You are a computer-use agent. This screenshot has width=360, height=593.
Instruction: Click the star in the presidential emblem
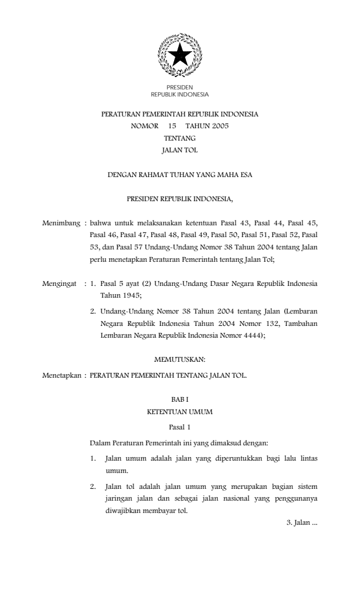(179, 56)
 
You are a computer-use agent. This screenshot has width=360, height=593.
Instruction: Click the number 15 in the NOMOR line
(172, 126)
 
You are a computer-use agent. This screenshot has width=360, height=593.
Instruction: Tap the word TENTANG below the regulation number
(179, 138)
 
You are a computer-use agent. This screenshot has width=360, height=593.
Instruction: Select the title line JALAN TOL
(179, 150)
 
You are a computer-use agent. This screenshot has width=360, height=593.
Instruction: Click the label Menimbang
(61, 224)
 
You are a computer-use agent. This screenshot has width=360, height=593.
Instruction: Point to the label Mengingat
(60, 284)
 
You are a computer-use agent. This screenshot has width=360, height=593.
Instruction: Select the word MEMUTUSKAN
(179, 357)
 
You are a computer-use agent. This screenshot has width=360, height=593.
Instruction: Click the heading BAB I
(179, 399)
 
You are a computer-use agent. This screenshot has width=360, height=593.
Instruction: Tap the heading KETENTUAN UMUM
(179, 412)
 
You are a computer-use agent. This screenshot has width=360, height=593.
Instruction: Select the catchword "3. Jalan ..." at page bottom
(301, 522)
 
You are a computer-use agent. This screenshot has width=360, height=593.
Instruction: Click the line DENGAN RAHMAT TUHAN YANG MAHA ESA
(179, 175)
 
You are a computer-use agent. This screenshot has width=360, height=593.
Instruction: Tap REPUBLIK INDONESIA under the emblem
(179, 94)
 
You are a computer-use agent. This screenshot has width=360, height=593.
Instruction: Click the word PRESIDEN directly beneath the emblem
(179, 88)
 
